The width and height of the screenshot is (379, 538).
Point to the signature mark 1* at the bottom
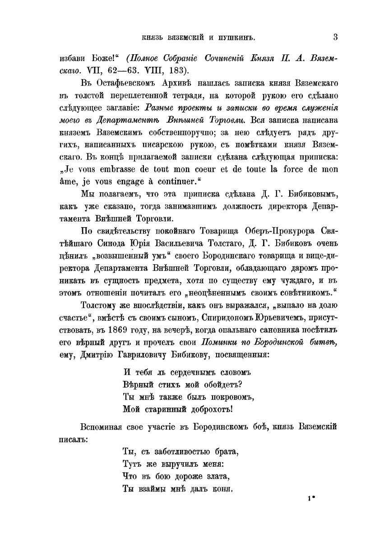[310, 499]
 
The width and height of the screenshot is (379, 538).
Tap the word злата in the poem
[208, 476]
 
